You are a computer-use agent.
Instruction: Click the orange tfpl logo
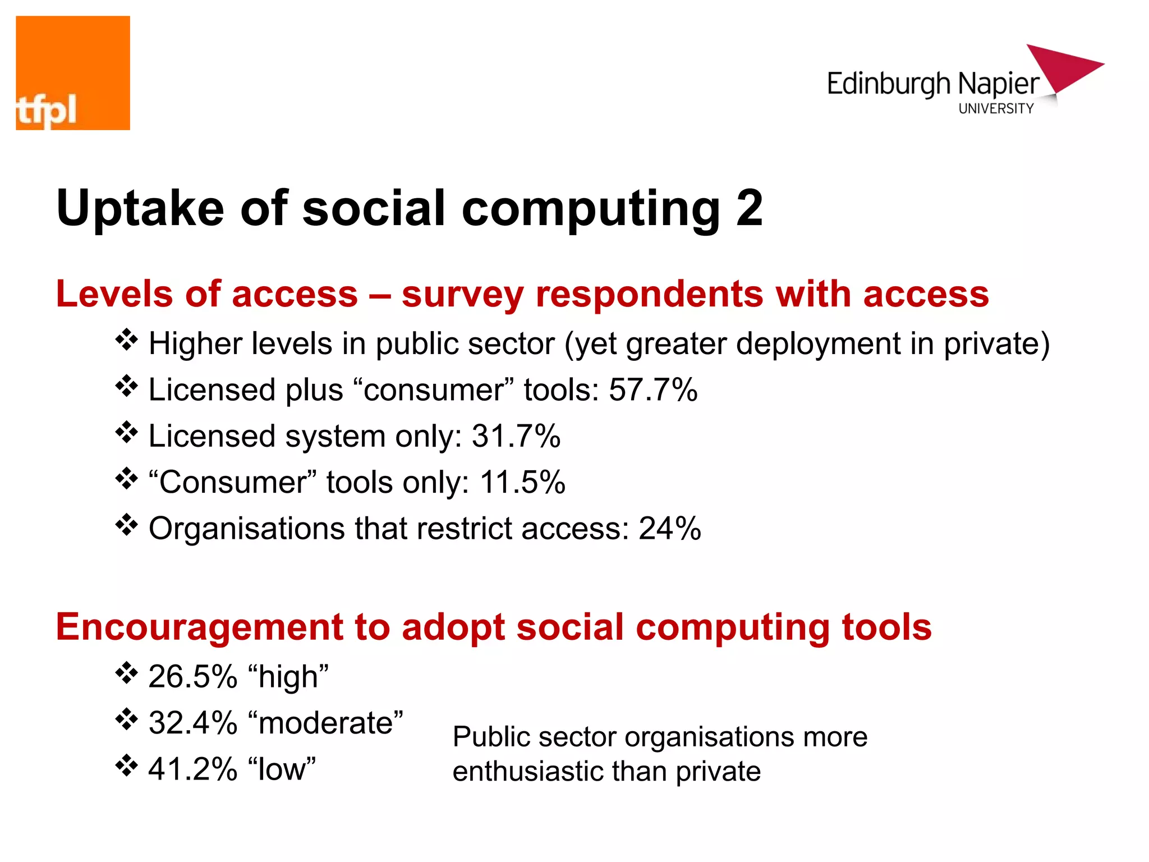click(73, 73)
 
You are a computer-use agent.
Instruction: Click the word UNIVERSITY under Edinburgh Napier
click(996, 109)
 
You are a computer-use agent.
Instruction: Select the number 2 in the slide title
click(749, 208)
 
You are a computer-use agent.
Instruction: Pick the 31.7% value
click(516, 436)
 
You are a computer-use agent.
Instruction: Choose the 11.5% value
click(522, 482)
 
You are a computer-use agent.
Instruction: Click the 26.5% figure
click(193, 676)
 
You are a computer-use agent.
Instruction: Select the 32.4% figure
click(193, 722)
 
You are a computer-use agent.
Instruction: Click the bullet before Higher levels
click(127, 340)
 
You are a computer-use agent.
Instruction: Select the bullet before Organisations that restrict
click(127, 525)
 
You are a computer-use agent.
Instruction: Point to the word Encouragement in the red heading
click(200, 627)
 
